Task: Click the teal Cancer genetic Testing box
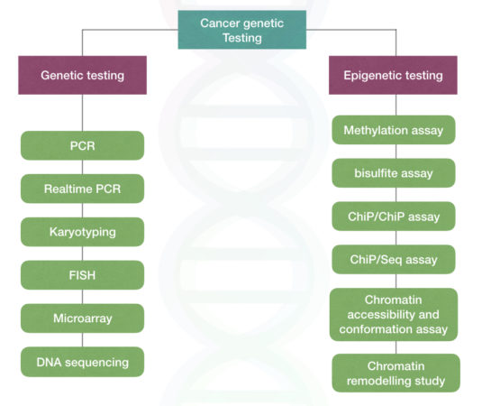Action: pos(241,31)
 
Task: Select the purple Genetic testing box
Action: pos(82,76)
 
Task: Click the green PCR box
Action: pos(82,145)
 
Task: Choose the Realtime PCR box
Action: pos(82,189)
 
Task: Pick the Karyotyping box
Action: pos(82,232)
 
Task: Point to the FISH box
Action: pos(82,275)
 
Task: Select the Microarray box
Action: pos(82,318)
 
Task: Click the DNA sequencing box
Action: pos(82,362)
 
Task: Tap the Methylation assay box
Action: pos(394,130)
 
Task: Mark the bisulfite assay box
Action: pos(394,173)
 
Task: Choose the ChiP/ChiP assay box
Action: pos(394,217)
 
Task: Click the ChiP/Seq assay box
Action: pos(394,260)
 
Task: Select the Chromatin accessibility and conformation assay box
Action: pos(394,313)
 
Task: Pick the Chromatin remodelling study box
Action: pos(394,374)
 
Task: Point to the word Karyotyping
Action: pos(82,232)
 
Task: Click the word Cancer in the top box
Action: pos(220,23)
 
